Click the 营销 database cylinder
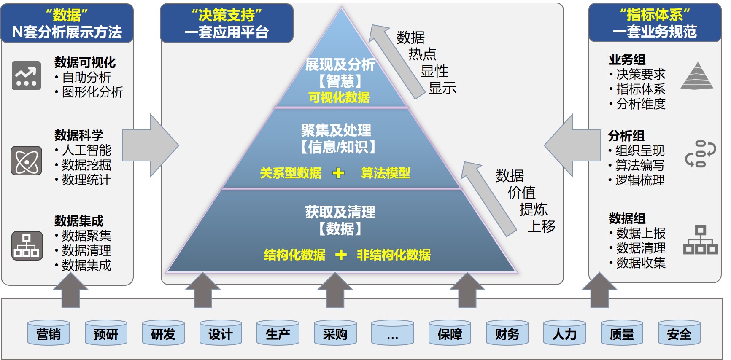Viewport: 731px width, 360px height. click(x=49, y=333)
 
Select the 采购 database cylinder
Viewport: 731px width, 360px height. click(x=335, y=333)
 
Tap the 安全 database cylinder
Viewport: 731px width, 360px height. click(x=679, y=333)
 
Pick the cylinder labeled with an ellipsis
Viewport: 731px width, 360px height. click(x=393, y=333)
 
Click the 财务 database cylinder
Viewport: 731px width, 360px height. click(x=507, y=333)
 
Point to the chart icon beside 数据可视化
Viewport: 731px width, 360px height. click(x=26, y=76)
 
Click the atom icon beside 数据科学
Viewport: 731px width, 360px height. click(x=26, y=161)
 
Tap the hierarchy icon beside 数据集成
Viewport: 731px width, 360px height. click(x=27, y=245)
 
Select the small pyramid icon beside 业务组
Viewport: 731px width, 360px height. click(x=697, y=76)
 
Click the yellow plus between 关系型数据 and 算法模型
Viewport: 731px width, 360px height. click(x=338, y=173)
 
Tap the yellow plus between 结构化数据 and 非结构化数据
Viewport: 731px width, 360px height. click(x=341, y=255)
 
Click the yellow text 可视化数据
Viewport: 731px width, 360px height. click(x=339, y=97)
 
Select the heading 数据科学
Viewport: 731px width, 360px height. click(x=79, y=135)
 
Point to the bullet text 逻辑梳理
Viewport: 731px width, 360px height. click(x=640, y=180)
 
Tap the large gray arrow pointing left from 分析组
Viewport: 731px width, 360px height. click(x=572, y=145)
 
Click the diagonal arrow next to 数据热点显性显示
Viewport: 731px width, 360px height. click(x=397, y=62)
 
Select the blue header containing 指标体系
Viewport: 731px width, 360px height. click(x=655, y=23)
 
